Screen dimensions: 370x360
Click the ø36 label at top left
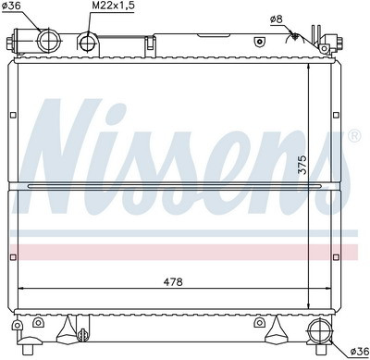pyautogui.click(x=11, y=6)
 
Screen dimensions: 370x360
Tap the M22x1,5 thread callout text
pyautogui.click(x=113, y=6)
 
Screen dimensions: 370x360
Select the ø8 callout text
pyautogui.click(x=277, y=19)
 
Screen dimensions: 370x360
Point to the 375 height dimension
pyautogui.click(x=303, y=165)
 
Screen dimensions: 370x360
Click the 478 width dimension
pyautogui.click(x=173, y=281)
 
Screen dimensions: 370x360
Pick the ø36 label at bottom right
pyautogui.click(x=360, y=351)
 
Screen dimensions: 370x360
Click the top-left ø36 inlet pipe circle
pyautogui.click(x=48, y=41)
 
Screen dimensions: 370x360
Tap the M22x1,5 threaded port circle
pyautogui.click(x=88, y=43)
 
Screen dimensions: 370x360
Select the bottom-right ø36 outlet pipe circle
pyautogui.click(x=319, y=331)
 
